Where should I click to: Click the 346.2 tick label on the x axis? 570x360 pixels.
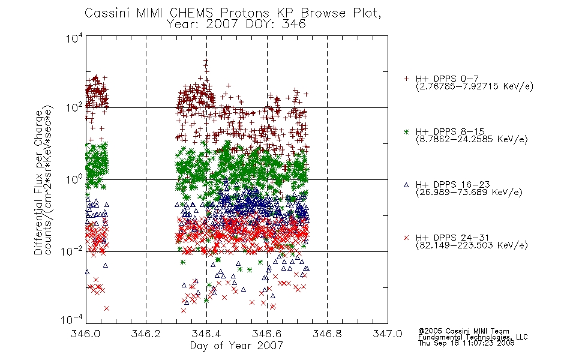[146, 334]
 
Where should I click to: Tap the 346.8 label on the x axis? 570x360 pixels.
[327, 334]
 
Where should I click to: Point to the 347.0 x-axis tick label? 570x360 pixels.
[388, 334]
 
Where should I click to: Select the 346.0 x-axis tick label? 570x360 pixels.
[85, 334]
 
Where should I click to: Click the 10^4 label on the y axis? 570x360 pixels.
[74, 38]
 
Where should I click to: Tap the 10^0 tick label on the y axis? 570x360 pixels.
[74, 179]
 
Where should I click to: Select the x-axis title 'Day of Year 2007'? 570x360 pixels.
[236, 346]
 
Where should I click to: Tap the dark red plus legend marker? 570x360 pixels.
[406, 79]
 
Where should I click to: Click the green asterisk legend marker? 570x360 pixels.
[406, 131]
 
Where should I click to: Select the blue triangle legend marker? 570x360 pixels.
[406, 185]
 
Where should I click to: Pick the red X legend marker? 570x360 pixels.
[406, 238]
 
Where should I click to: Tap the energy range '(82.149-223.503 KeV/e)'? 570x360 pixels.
[472, 245]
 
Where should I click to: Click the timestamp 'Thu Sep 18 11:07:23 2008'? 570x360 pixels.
[466, 343]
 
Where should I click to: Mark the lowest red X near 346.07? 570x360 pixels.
[107, 308]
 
